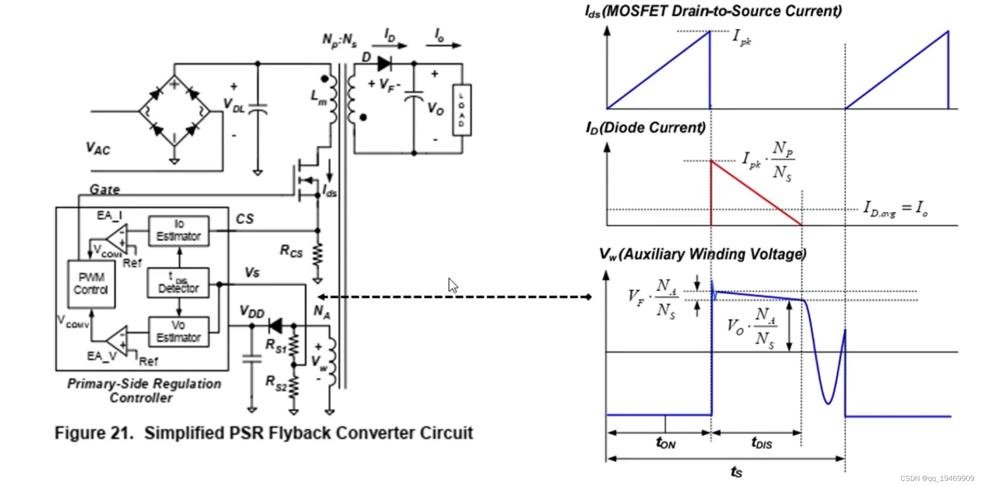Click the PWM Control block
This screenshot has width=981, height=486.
tap(91, 283)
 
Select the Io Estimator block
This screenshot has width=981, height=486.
tap(178, 230)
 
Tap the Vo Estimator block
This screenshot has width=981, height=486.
tap(178, 331)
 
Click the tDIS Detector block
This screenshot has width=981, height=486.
tap(178, 283)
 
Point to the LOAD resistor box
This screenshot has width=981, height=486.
tap(462, 110)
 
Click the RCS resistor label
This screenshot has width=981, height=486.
tap(291, 251)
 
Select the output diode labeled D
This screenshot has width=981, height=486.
tap(383, 63)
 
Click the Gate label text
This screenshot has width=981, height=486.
tap(104, 190)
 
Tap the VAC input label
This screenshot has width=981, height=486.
tap(98, 149)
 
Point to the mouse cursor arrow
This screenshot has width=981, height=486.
tap(452, 285)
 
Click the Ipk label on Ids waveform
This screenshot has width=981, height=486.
tap(742, 37)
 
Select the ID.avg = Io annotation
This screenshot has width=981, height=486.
tap(895, 209)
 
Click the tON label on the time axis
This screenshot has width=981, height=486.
tap(665, 443)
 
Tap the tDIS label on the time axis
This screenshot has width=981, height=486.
tap(762, 443)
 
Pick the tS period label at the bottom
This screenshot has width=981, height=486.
tap(736, 472)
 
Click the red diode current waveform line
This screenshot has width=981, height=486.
tap(756, 193)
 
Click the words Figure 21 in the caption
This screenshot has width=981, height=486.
tap(93, 433)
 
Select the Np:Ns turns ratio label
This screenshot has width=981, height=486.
tap(339, 40)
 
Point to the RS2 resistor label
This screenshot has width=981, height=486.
tap(276, 383)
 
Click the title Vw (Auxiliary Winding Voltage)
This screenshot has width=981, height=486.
tap(702, 254)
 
